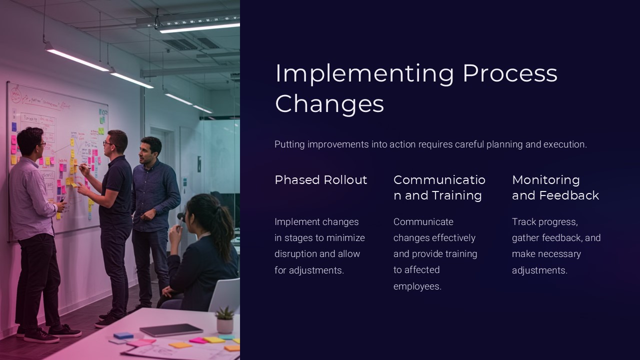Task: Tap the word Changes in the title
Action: [329, 104]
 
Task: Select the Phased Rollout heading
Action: [320, 180]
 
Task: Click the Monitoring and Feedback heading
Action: [555, 187]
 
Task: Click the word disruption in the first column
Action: [296, 254]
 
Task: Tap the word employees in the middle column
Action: [417, 286]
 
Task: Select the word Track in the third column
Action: [523, 222]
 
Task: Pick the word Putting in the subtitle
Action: [289, 144]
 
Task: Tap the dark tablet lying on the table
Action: [171, 329]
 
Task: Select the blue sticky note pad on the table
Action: [123, 335]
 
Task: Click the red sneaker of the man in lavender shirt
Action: [40, 336]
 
